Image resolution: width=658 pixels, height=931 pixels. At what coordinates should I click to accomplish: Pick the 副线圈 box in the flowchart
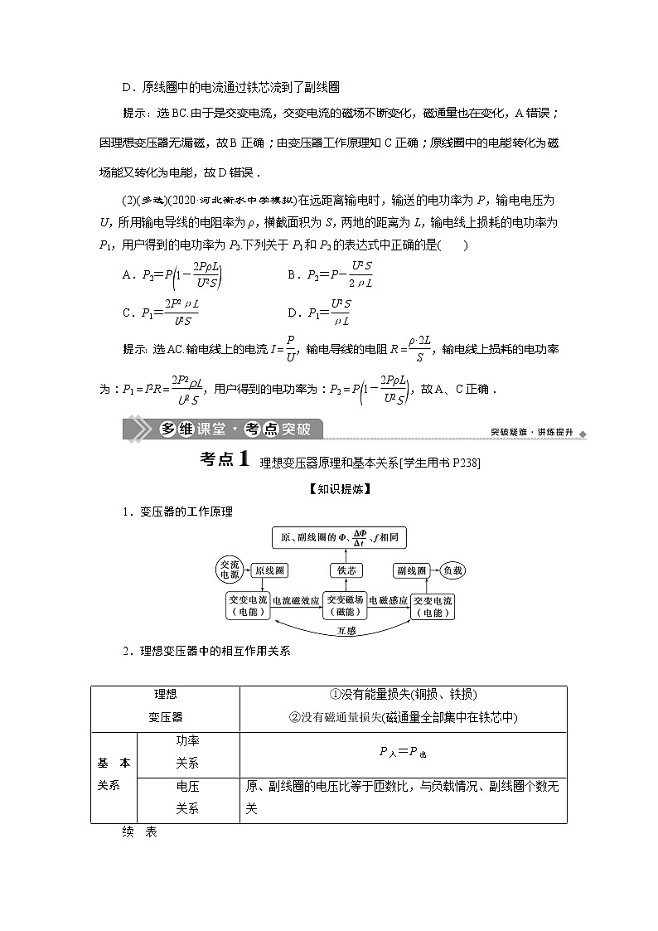(x=411, y=570)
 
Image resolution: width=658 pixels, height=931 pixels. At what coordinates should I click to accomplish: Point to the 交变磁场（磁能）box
(x=345, y=605)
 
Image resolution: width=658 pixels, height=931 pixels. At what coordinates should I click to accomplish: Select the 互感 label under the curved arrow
(x=346, y=631)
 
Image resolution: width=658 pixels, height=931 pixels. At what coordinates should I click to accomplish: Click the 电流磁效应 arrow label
(x=297, y=600)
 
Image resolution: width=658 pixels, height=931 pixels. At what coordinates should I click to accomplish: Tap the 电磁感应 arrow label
(x=388, y=600)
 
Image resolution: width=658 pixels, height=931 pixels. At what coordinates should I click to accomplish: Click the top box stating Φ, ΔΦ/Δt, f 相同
(x=346, y=536)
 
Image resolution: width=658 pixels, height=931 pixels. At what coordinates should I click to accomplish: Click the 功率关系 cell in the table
(x=187, y=751)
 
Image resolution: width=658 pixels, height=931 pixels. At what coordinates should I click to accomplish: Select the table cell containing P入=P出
(x=403, y=751)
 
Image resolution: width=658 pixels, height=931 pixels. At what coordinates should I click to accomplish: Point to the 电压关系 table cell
(x=187, y=798)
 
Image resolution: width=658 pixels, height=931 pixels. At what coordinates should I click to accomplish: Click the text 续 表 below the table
(x=138, y=832)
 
